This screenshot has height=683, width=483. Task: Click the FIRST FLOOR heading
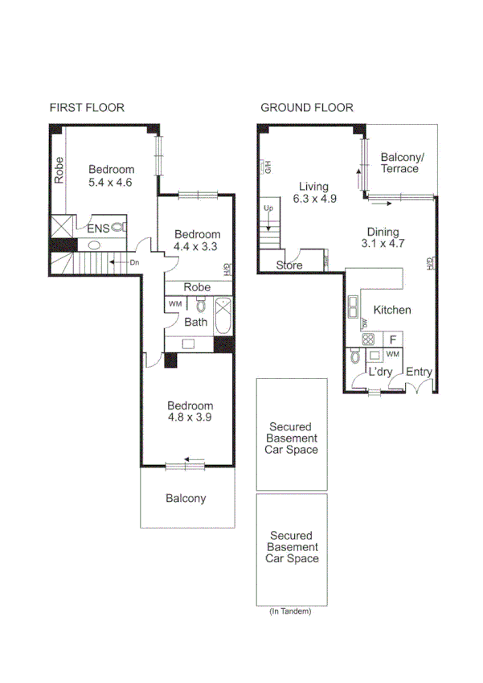[x=87, y=108]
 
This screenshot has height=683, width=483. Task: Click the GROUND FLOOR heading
[x=306, y=108]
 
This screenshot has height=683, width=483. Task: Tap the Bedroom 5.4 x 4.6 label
[x=111, y=175]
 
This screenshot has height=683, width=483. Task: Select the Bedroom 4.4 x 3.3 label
[x=197, y=241]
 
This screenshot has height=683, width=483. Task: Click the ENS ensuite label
[x=97, y=229]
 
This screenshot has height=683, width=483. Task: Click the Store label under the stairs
[x=289, y=265]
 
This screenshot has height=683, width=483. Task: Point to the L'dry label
[x=379, y=372]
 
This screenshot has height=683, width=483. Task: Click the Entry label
[x=419, y=372]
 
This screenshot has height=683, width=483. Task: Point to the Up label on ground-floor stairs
[x=268, y=209]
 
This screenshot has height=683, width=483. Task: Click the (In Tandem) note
[x=290, y=611]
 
